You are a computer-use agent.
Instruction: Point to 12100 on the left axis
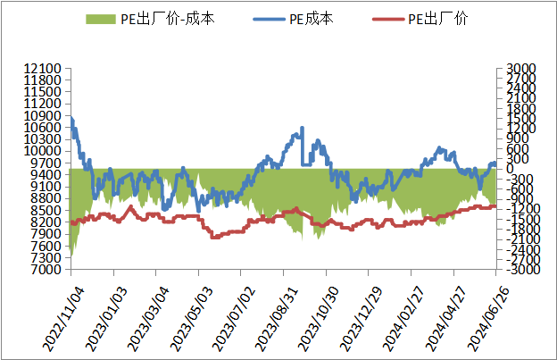point(43,68)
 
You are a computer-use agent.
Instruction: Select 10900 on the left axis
point(43,116)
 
